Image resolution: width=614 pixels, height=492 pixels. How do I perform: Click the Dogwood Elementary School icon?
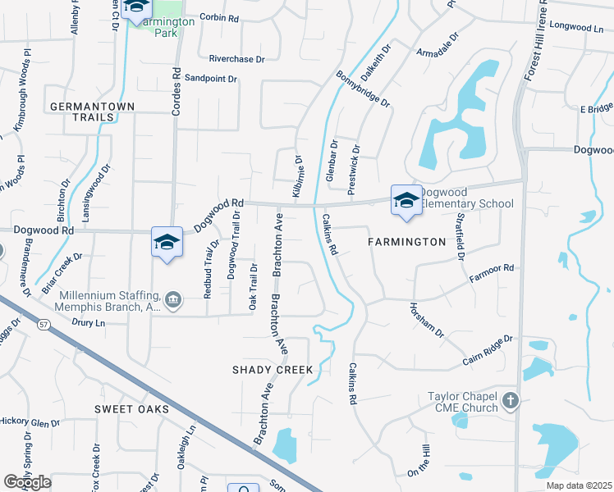point(406,201)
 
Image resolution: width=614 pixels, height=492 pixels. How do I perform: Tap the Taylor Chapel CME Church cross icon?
point(511,402)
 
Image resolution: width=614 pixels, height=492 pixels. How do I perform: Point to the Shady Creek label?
point(273,370)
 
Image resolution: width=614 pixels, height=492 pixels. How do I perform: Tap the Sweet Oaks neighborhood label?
point(131,408)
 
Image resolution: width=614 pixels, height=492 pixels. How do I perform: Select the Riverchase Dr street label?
point(237,59)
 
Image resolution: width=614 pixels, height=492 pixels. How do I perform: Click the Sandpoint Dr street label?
point(210,79)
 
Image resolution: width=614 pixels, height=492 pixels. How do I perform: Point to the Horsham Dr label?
point(426,321)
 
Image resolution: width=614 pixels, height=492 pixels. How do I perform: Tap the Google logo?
point(27,482)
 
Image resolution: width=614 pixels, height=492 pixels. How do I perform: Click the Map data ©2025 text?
point(579,485)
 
